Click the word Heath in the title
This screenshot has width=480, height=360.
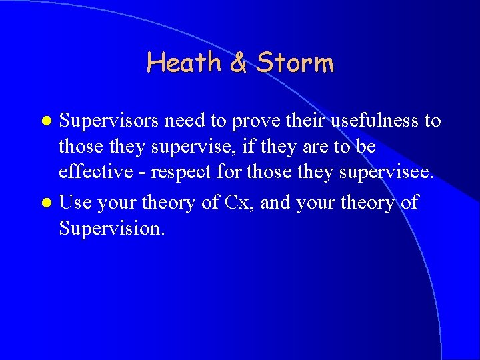pyautogui.click(x=184, y=63)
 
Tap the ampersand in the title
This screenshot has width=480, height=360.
pyautogui.click(x=238, y=63)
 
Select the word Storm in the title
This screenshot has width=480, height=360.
pyautogui.click(x=294, y=63)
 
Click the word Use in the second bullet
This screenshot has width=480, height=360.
pyautogui.click(x=75, y=201)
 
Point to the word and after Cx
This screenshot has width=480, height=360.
pyautogui.click(x=273, y=201)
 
